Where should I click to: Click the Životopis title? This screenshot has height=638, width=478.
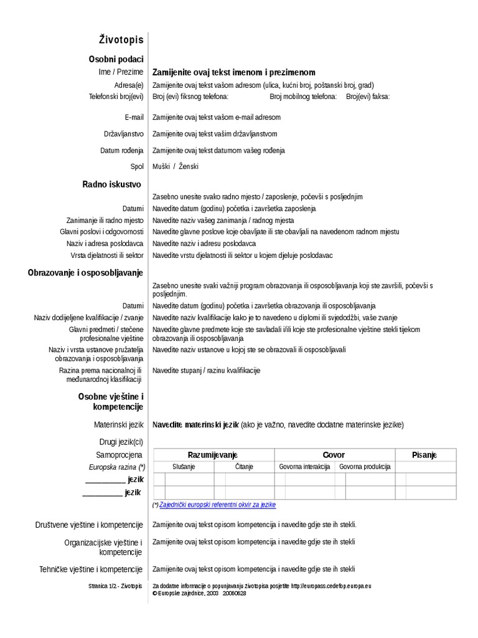[x=121, y=40]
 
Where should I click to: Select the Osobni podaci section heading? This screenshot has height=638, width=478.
[x=116, y=59]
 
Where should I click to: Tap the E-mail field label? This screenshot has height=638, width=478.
[x=134, y=117]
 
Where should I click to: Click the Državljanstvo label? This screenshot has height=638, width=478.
[x=124, y=134]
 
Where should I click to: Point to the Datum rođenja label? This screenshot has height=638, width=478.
[x=122, y=151]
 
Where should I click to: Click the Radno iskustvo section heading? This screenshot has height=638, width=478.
[x=111, y=184]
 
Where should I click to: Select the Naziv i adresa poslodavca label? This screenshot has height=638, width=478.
[x=105, y=244]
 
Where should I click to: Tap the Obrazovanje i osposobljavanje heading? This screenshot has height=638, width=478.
[x=85, y=272]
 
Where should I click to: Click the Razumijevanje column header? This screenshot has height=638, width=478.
[x=213, y=455]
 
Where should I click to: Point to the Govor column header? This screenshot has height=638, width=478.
[x=334, y=455]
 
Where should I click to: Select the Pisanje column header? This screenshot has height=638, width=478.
[x=425, y=455]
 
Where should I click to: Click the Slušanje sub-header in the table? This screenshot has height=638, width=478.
[x=184, y=467]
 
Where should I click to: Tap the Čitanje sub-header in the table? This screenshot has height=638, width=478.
[x=244, y=467]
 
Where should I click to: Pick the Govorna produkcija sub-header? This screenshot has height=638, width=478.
[x=365, y=467]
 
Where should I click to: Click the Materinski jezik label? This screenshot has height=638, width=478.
[x=118, y=425]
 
